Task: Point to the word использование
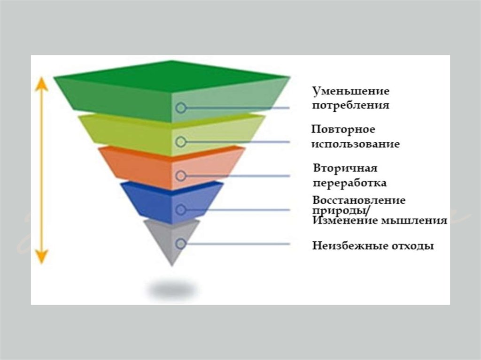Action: click(x=356, y=144)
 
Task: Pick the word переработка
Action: click(x=350, y=183)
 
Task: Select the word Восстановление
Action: click(x=359, y=200)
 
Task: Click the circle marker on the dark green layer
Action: click(x=181, y=108)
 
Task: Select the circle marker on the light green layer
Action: click(x=181, y=142)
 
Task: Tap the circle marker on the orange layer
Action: click(x=181, y=176)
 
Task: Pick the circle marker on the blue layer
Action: click(x=181, y=210)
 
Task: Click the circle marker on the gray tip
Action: click(x=181, y=244)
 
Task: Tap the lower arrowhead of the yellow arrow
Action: click(x=42, y=256)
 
